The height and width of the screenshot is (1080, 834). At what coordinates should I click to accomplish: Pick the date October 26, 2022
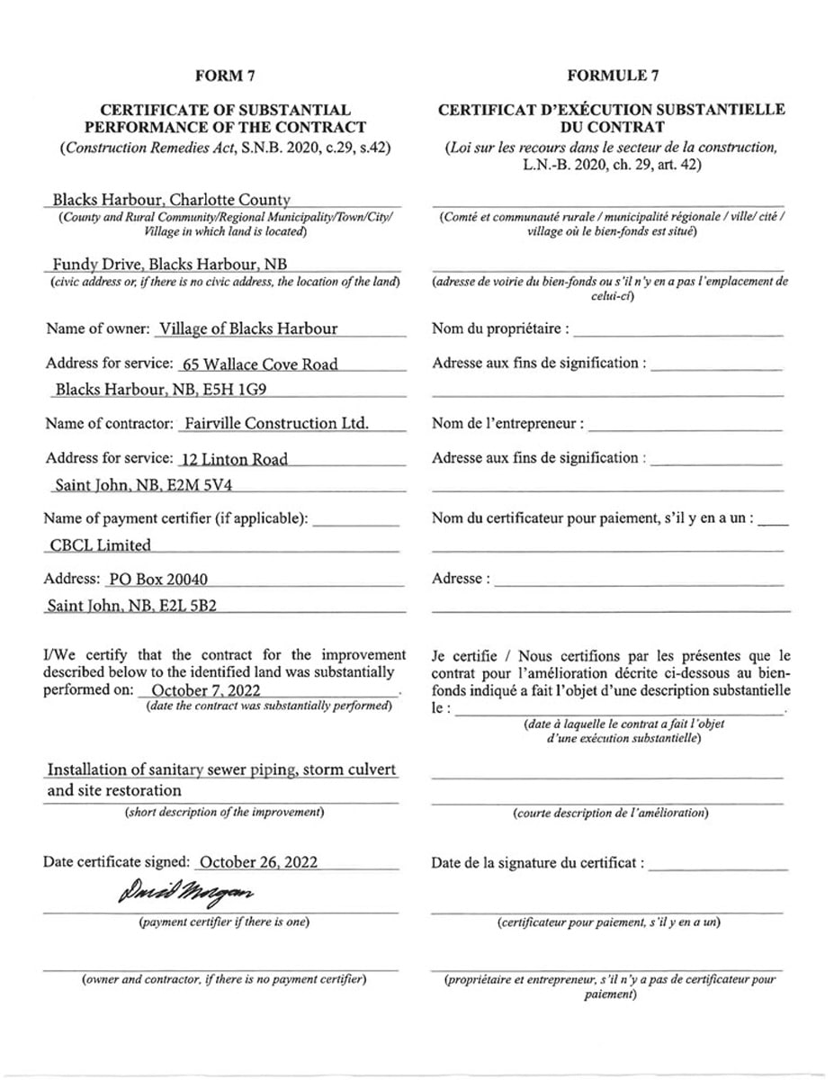point(258,861)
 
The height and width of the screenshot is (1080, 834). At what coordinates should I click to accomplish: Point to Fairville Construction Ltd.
point(274,423)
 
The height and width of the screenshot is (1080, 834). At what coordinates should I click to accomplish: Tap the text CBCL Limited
point(100,544)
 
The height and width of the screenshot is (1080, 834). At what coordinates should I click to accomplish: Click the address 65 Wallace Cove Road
point(259,364)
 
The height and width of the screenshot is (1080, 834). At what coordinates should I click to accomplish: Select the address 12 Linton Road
point(234,459)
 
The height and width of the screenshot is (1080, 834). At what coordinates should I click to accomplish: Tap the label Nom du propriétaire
point(500,328)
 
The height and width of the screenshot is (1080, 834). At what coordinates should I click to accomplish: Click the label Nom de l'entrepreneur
point(507,423)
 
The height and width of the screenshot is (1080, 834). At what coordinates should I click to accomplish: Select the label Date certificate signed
point(117,861)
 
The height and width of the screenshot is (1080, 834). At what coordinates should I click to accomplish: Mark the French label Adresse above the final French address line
point(461,579)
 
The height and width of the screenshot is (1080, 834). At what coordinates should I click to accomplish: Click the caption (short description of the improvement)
point(223,813)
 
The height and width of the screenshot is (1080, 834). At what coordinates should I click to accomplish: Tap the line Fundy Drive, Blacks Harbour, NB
point(175,265)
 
